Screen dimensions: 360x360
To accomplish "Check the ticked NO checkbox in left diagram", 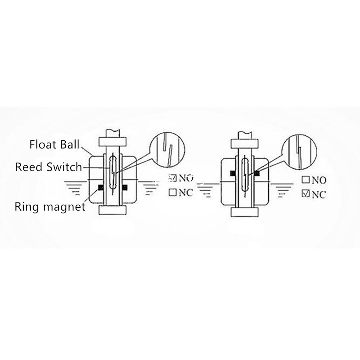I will click(171, 177).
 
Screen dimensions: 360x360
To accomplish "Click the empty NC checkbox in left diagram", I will click(171, 193).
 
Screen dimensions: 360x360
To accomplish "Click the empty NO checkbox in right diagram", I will click(305, 180).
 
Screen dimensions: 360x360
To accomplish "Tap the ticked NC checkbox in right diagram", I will click(305, 194).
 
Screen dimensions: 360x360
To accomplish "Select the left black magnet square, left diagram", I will click(100, 187).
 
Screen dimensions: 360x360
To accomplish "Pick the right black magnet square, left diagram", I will click(125, 187).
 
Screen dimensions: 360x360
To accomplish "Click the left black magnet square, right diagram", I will click(232, 172).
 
